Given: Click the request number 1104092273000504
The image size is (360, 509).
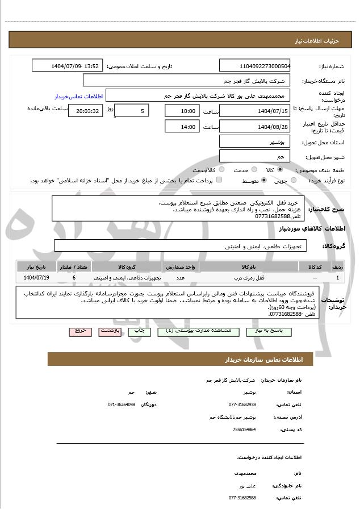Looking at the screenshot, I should click(x=254, y=66).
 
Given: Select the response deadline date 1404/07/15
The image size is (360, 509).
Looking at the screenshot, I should click(x=254, y=110).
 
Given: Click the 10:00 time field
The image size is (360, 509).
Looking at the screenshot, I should click(x=182, y=110).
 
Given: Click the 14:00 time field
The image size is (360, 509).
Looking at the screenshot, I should click(x=182, y=126).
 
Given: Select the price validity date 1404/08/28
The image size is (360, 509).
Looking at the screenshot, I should click(x=254, y=126).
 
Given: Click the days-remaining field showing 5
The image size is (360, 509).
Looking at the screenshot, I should click(x=132, y=110).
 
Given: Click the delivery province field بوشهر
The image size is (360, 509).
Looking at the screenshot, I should click(x=254, y=141).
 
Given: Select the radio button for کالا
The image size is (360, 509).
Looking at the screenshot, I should click(x=279, y=169).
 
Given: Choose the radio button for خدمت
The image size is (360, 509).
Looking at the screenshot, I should click(x=253, y=169).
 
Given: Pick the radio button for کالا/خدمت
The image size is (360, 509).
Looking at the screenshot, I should click(x=221, y=169).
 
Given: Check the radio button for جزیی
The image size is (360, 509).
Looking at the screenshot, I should click(x=294, y=181).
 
